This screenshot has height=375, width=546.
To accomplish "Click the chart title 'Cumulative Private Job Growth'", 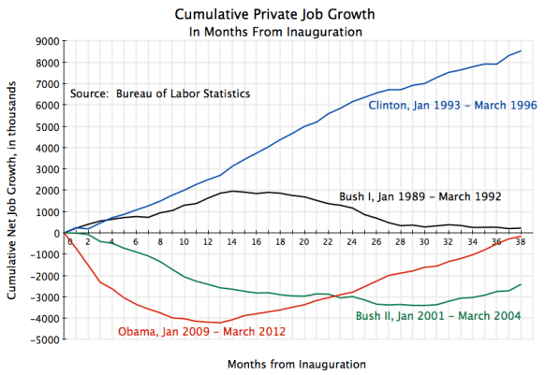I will (273, 15).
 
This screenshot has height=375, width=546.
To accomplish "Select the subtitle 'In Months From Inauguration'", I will (273, 31).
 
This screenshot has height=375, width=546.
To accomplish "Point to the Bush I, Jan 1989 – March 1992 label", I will (421, 196).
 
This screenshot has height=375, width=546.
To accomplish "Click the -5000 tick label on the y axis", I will (45, 340).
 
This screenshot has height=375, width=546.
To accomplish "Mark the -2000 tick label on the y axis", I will (45, 276).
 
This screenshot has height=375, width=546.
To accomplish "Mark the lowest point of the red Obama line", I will (220, 323).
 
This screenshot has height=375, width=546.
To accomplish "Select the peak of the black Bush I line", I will (232, 191).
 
